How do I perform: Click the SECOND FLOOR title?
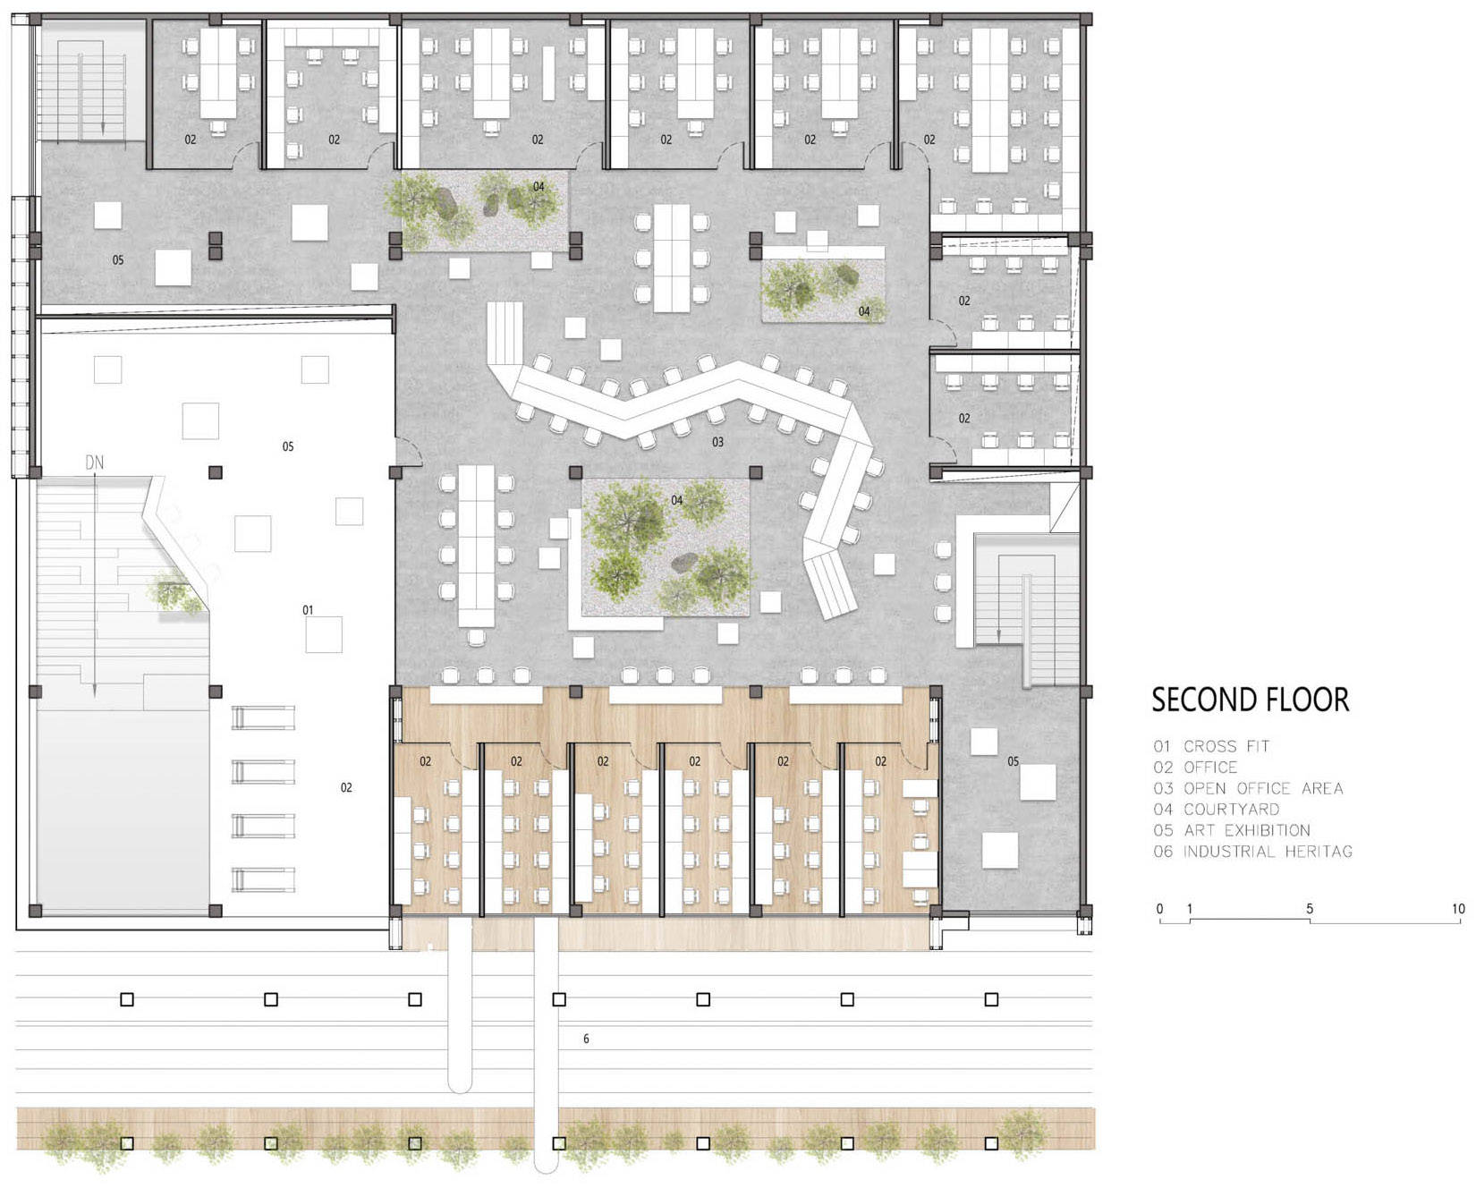click(x=1250, y=700)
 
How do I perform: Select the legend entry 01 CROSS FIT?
click(x=1211, y=746)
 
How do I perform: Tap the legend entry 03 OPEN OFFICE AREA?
click(x=1248, y=788)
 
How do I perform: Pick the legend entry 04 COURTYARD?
click(x=1217, y=810)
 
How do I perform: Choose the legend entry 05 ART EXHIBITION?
click(x=1232, y=830)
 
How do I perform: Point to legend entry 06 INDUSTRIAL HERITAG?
click(x=1252, y=852)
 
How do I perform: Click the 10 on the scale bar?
click(x=1458, y=909)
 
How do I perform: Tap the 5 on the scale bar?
click(x=1310, y=909)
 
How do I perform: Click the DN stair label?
click(x=94, y=462)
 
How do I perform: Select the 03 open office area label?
click(x=717, y=442)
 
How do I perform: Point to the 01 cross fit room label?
click(x=308, y=610)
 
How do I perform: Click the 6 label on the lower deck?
click(x=586, y=1039)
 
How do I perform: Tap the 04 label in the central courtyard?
click(x=677, y=500)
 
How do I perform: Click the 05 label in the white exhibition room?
click(x=288, y=446)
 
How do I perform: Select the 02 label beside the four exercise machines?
click(x=346, y=787)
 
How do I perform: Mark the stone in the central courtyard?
click(x=684, y=563)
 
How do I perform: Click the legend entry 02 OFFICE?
click(x=1195, y=768)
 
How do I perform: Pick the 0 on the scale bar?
click(x=1160, y=909)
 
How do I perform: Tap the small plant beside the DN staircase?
click(x=176, y=594)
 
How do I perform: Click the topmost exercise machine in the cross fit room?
click(x=264, y=717)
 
